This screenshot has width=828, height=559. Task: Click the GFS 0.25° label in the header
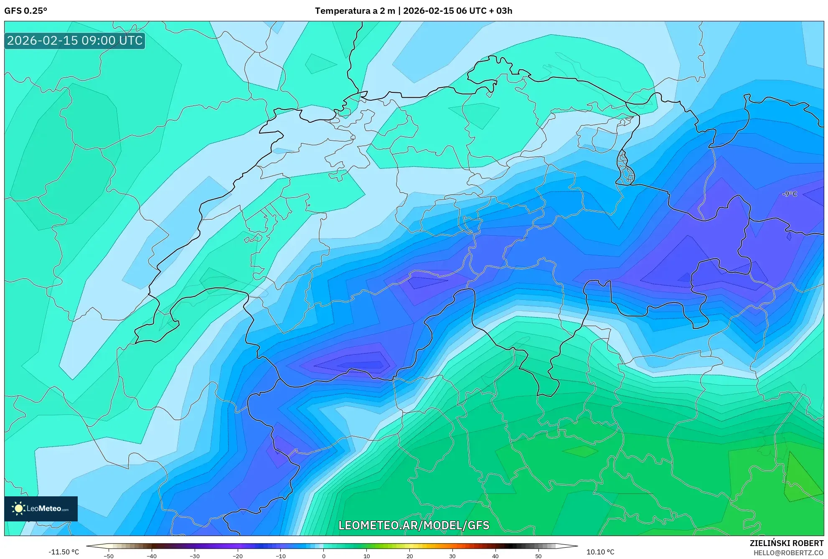[26, 11]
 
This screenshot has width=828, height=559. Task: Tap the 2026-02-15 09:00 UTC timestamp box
[75, 41]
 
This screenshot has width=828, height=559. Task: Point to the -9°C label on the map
[790, 194]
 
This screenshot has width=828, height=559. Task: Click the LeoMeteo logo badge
[41, 508]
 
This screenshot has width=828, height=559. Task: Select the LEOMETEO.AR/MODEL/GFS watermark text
[414, 525]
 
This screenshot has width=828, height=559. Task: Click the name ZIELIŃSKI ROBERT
[786, 543]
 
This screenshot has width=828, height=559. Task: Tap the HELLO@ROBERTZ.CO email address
[788, 553]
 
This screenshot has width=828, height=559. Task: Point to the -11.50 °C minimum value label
[63, 552]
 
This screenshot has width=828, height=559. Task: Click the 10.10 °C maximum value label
[600, 552]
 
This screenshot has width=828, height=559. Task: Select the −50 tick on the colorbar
[109, 556]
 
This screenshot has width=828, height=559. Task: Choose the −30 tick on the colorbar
[195, 556]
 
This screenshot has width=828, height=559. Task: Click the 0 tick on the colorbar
[324, 556]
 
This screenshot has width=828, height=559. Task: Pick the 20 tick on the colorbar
[409, 556]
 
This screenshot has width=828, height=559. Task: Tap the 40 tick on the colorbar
[495, 556]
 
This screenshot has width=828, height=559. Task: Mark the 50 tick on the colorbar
[538, 556]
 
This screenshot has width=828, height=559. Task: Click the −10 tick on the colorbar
[281, 556]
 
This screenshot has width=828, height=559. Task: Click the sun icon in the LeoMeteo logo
[18, 508]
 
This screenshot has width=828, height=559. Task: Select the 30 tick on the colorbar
[452, 556]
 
